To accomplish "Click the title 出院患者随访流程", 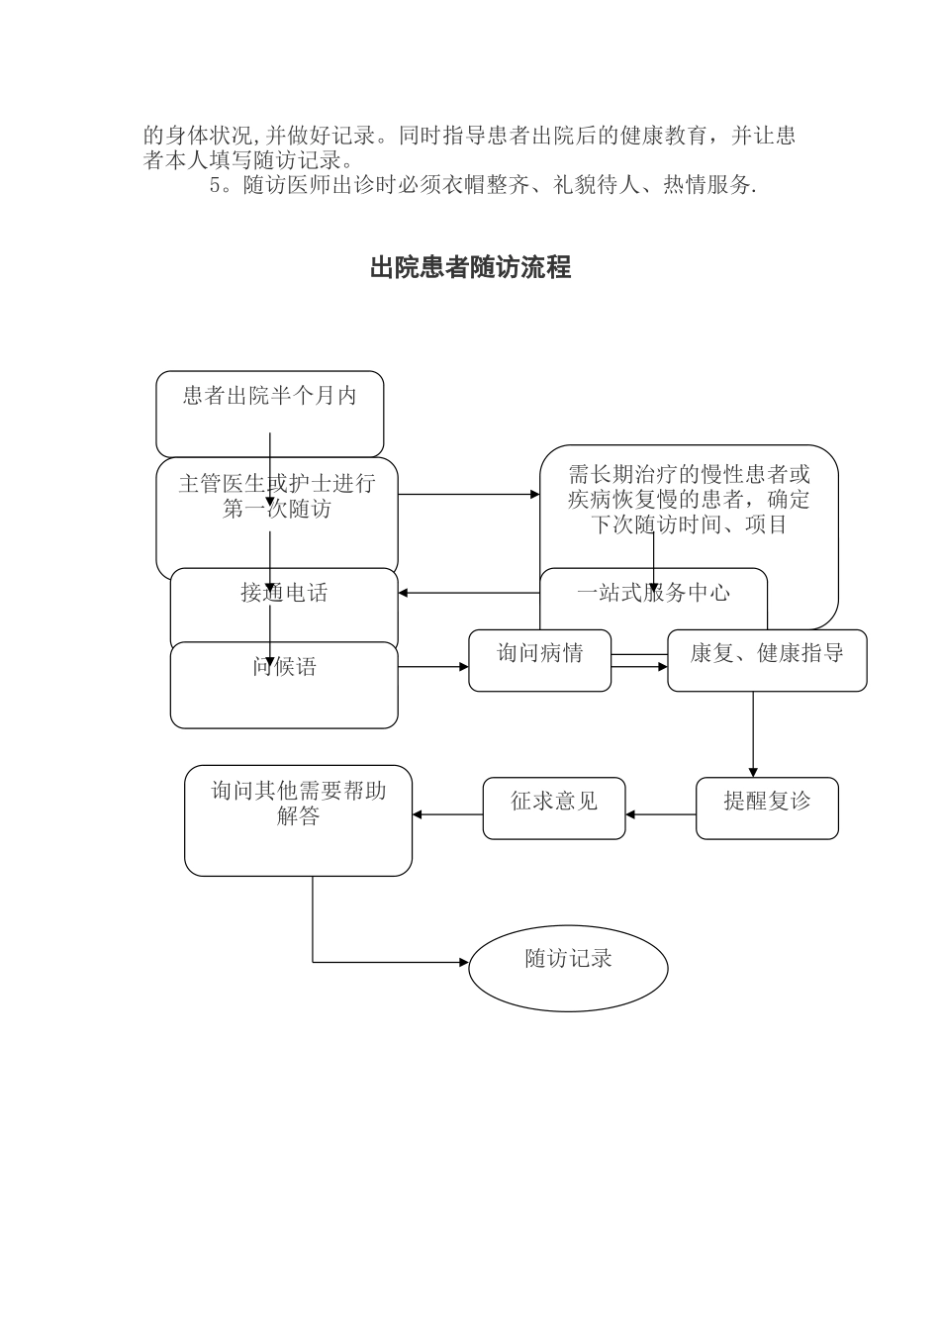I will coord(470,267).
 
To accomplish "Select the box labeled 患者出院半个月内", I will coord(269,397).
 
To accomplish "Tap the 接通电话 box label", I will coord(284,593).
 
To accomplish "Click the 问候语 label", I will coord(284,667).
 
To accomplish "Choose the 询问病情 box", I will coord(539,653).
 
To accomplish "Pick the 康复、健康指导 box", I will coord(767,654).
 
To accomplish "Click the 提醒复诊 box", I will coord(767,802).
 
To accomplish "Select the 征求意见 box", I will coord(554,802).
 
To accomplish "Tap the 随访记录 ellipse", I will coord(568,959).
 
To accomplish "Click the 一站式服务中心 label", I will coord(653,593).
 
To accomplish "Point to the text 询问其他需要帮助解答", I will coord(298,804).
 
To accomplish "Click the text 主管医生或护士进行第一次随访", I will coord(277,497).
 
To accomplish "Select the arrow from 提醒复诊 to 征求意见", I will coord(661,815).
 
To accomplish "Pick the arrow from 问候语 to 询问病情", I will coord(433,667).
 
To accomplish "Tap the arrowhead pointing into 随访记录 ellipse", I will coord(463,962).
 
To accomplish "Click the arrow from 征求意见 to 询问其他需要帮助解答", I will coord(447,814).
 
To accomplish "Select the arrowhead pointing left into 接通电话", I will coord(404,594).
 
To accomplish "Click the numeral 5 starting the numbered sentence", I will coord(214,186).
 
